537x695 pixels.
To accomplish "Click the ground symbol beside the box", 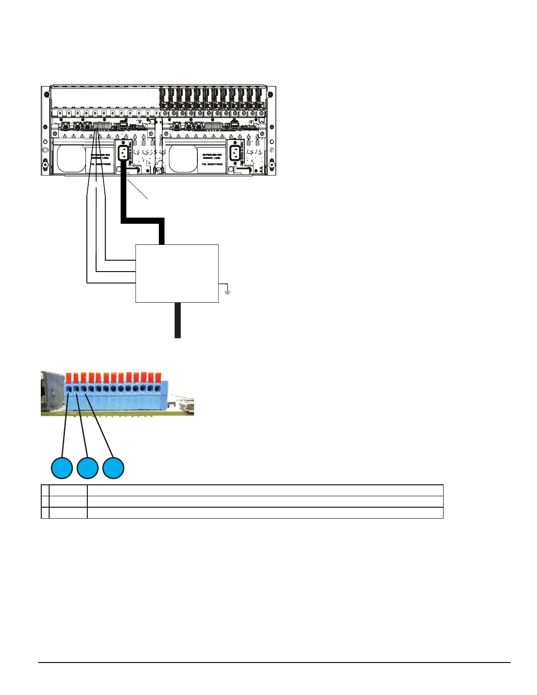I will pyautogui.click(x=227, y=290).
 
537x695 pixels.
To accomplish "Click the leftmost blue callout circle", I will pyautogui.click(x=62, y=468).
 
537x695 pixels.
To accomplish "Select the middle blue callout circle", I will pyautogui.click(x=87, y=468).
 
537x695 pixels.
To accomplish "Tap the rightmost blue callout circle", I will pyautogui.click(x=113, y=468).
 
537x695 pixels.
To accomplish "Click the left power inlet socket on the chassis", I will pyautogui.click(x=123, y=153).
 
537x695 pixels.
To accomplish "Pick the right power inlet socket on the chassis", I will pyautogui.click(x=236, y=153).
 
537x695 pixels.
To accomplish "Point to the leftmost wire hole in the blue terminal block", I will pyautogui.click(x=69, y=388).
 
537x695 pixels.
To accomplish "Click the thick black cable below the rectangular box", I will pyautogui.click(x=177, y=320).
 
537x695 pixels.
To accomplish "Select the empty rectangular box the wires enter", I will pyautogui.click(x=177, y=273).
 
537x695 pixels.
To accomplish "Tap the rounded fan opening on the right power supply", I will pyautogui.click(x=183, y=159).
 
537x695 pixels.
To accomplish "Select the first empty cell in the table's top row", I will pyautogui.click(x=45, y=491).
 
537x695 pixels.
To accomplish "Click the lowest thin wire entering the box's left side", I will pyautogui.click(x=112, y=283).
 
